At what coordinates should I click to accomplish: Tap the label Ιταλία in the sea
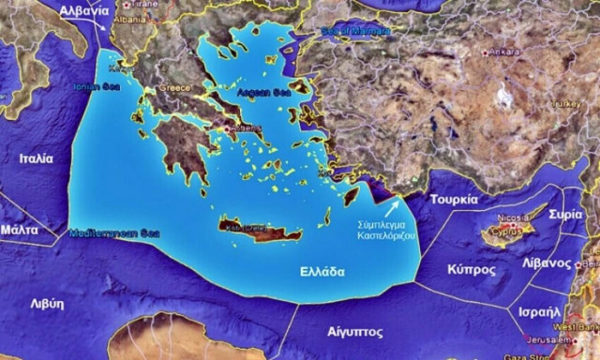point(36,158)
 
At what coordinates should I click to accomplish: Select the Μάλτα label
point(19,229)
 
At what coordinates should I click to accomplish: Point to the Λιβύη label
point(46,303)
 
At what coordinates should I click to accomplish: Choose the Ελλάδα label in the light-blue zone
point(315,272)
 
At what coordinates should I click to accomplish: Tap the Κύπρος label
point(472,269)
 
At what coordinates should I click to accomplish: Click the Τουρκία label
point(455,200)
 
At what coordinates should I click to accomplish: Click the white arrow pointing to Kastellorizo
point(393,206)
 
